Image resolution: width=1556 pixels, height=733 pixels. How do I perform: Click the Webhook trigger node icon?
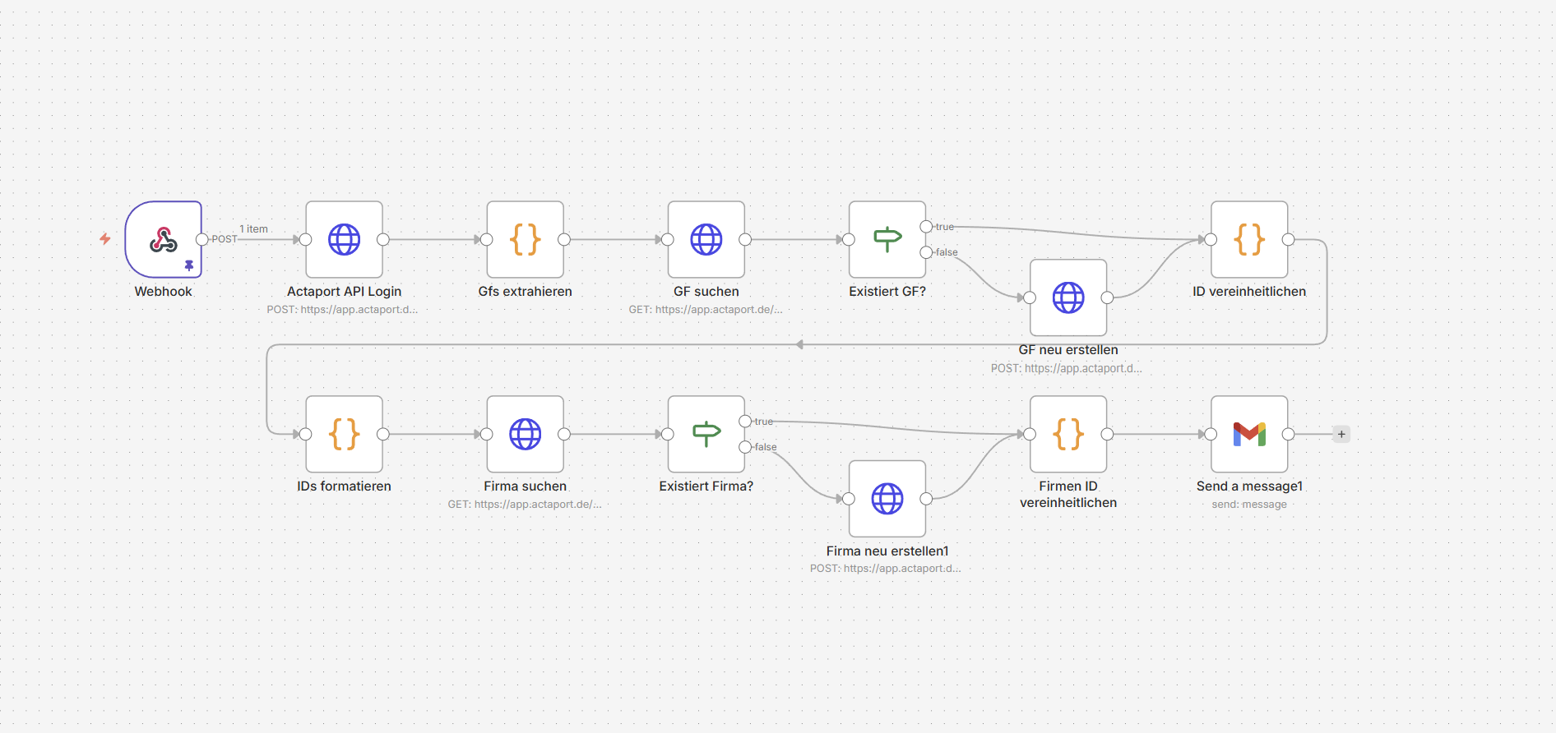[x=163, y=239]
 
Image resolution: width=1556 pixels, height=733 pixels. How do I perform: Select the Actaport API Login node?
[x=344, y=239]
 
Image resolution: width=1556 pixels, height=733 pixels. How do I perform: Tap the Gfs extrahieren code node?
[x=525, y=239]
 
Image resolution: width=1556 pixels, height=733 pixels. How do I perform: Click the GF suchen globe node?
[x=706, y=239]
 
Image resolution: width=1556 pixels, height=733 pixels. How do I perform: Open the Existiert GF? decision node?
[x=887, y=239]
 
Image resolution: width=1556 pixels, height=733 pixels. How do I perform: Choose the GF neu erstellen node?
[x=1067, y=297]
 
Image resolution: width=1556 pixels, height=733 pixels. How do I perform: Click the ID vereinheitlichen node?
[x=1248, y=239]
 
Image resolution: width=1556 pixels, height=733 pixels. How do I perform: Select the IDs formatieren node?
[x=344, y=434]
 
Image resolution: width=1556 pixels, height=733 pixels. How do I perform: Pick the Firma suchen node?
[x=525, y=434]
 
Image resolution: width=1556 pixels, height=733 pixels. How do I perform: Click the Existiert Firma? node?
[x=706, y=434]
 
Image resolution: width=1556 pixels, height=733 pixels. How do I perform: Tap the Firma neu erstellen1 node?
[x=887, y=499]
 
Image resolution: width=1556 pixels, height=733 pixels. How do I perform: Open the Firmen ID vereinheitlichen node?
[x=1067, y=434]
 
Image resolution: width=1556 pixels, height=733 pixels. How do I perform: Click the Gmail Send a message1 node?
[x=1248, y=434]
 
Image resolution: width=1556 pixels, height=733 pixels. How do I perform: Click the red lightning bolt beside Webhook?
[x=105, y=239]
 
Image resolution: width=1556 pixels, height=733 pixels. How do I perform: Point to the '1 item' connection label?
[x=253, y=229]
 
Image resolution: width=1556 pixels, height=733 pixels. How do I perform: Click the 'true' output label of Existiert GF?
[x=945, y=227]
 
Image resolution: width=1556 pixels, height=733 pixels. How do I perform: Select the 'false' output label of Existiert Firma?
[x=766, y=447]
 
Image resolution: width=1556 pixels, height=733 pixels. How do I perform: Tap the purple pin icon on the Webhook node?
[x=189, y=265]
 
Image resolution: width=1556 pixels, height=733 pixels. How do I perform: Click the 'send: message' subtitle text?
[x=1248, y=505]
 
